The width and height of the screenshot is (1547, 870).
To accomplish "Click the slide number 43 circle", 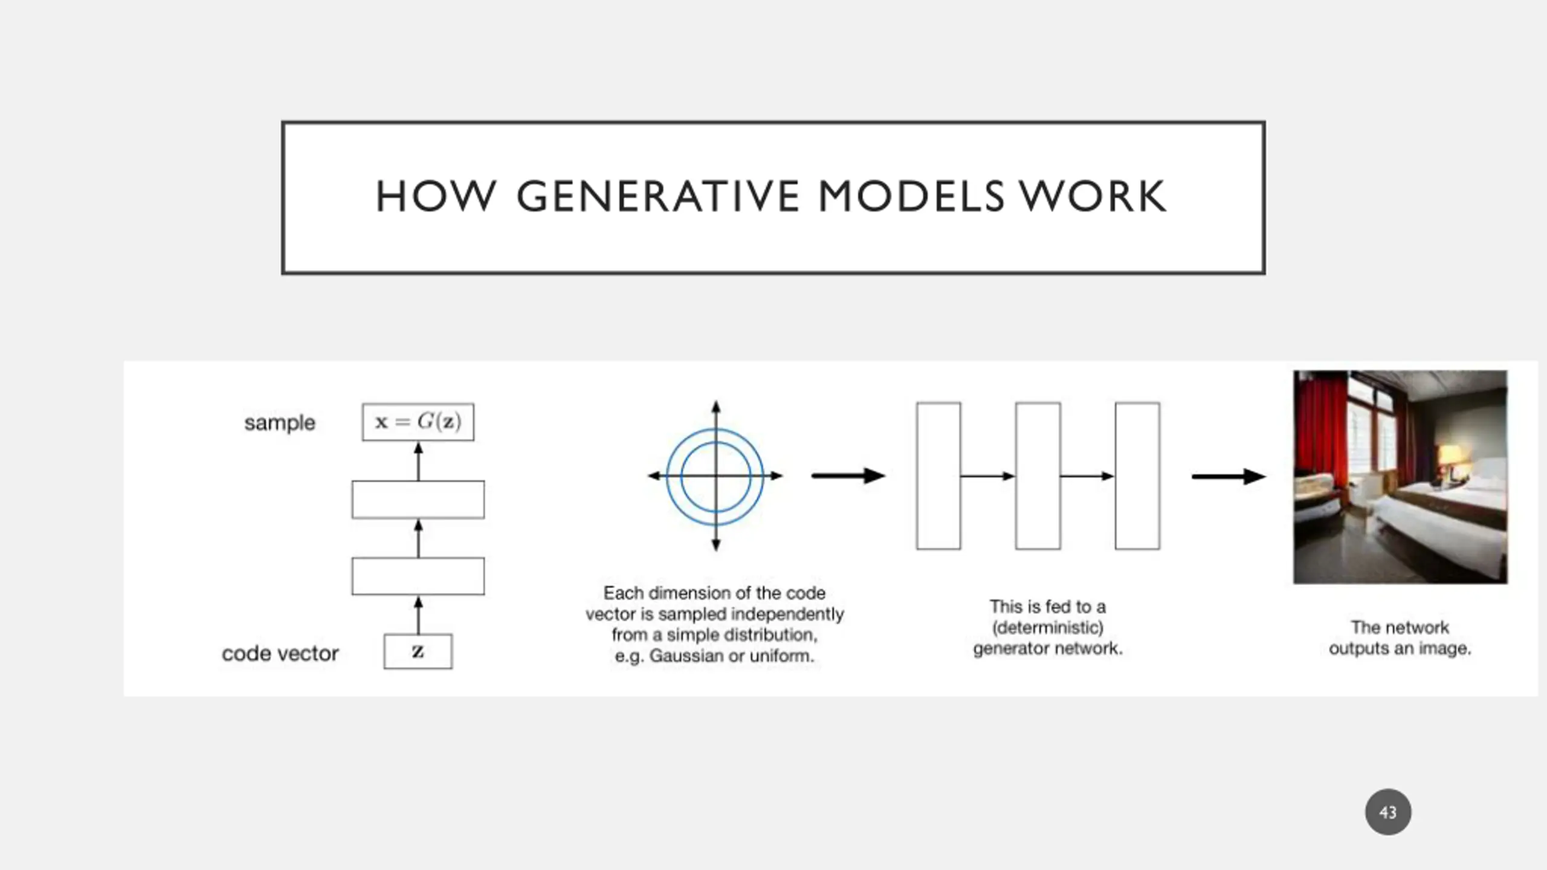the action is pyautogui.click(x=1388, y=812).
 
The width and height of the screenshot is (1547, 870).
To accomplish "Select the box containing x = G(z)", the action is pyautogui.click(x=418, y=422).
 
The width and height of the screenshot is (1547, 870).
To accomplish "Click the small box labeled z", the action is pyautogui.click(x=418, y=651).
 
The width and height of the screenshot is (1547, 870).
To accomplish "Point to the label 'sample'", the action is pyautogui.click(x=280, y=423).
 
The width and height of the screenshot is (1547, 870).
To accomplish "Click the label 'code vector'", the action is pyautogui.click(x=280, y=653).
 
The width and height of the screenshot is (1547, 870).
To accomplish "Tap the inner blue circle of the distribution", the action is pyautogui.click(x=682, y=476).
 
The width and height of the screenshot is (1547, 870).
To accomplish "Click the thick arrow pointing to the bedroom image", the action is pyautogui.click(x=1229, y=476).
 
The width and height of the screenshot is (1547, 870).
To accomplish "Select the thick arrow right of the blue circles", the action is pyautogui.click(x=848, y=475).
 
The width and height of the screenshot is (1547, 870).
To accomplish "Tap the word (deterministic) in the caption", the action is pyautogui.click(x=1048, y=628).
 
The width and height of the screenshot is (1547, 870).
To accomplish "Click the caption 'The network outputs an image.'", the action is pyautogui.click(x=1400, y=638).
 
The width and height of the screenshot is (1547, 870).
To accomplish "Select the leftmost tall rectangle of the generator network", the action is pyautogui.click(x=938, y=476).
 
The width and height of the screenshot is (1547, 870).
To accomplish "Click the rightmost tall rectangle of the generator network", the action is pyautogui.click(x=1137, y=476).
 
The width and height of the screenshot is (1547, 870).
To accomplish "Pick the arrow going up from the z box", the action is pyautogui.click(x=418, y=615).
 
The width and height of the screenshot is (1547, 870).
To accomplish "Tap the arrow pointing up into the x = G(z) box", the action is pyautogui.click(x=418, y=462).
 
